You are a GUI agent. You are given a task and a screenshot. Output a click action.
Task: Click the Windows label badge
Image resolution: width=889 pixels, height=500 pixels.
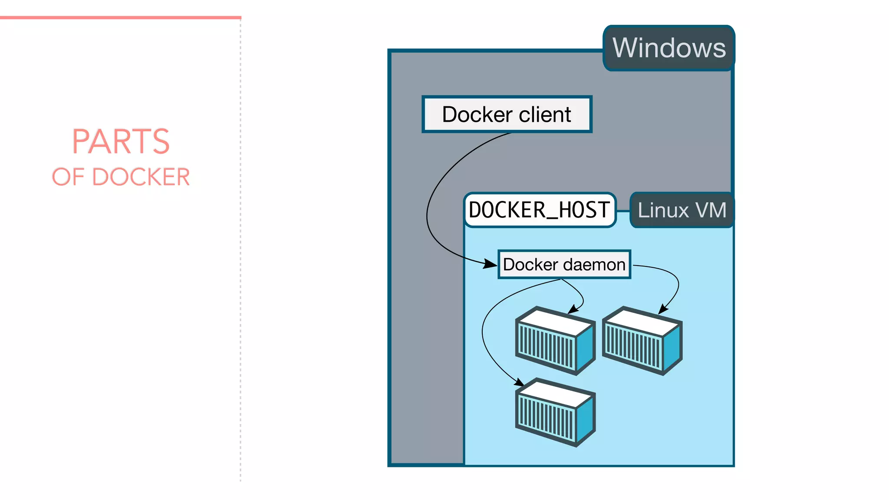tap(668, 48)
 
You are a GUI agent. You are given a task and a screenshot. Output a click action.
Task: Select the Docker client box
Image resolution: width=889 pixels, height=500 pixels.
tap(507, 115)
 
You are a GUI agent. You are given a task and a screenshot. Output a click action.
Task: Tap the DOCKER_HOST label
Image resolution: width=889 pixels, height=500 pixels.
tap(540, 210)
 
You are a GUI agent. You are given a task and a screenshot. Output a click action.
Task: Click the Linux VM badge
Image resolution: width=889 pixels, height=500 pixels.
tap(682, 210)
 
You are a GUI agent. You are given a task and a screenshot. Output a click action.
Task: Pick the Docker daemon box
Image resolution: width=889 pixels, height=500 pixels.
tap(564, 264)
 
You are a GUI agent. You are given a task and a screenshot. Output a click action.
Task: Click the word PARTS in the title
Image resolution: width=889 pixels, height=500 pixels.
tap(121, 141)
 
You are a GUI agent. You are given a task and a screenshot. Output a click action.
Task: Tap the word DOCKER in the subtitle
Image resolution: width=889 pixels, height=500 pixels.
tap(141, 177)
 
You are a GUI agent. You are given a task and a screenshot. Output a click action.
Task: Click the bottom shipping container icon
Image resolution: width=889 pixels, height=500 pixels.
tap(555, 412)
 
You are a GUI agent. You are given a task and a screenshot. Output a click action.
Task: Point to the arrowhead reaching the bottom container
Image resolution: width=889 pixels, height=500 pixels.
tap(519, 382)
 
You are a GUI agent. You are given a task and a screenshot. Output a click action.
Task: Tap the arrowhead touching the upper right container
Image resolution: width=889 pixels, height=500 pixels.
tap(662, 309)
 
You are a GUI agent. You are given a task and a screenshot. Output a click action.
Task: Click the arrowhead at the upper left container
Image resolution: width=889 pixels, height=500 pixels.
tap(573, 309)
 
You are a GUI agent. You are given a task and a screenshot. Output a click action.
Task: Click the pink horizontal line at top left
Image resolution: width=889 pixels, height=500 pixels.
tap(120, 18)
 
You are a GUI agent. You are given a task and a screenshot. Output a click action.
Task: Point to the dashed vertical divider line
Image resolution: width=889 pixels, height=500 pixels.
tap(240, 260)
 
